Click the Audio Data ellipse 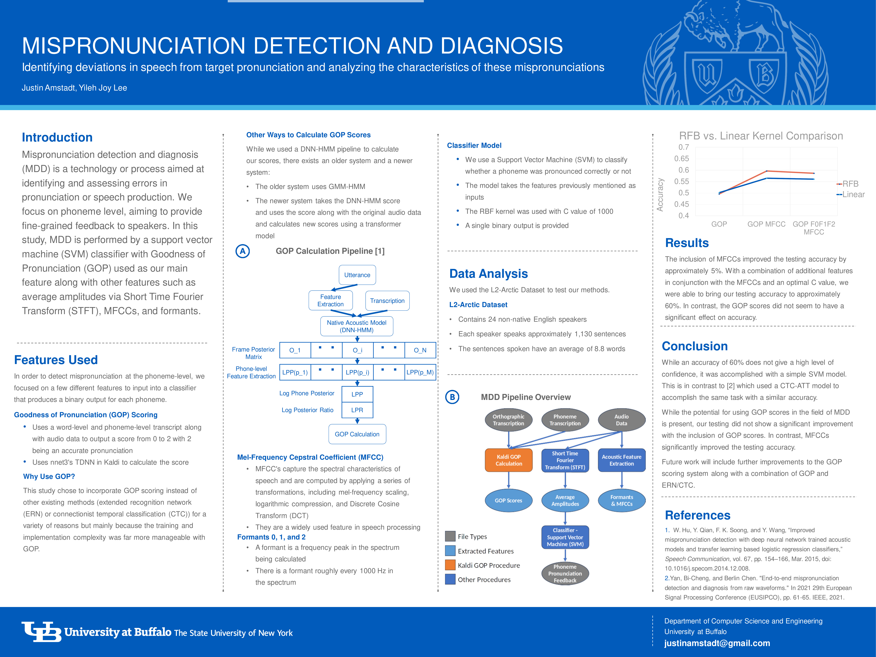pyautogui.click(x=621, y=420)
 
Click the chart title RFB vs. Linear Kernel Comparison pyautogui.click(x=761, y=136)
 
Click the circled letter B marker pyautogui.click(x=452, y=397)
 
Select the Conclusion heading pyautogui.click(x=695, y=346)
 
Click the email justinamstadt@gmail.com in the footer pyautogui.click(x=717, y=643)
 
